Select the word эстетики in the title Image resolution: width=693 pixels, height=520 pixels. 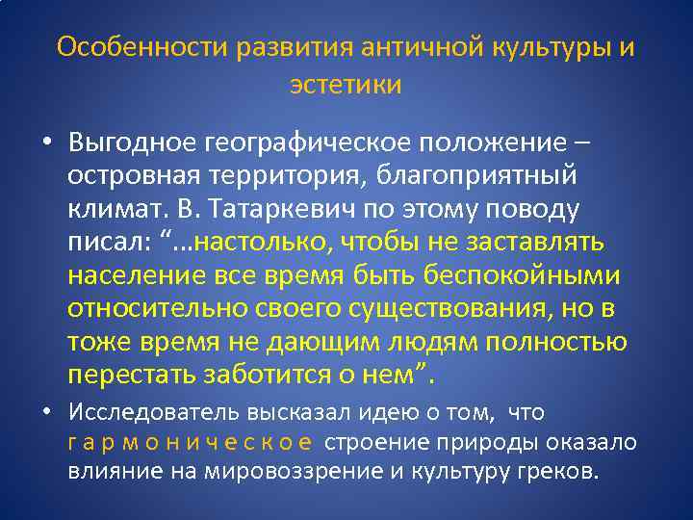(x=346, y=85)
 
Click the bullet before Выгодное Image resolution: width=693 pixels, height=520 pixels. (x=47, y=143)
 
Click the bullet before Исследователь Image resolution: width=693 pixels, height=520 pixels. (x=47, y=413)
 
